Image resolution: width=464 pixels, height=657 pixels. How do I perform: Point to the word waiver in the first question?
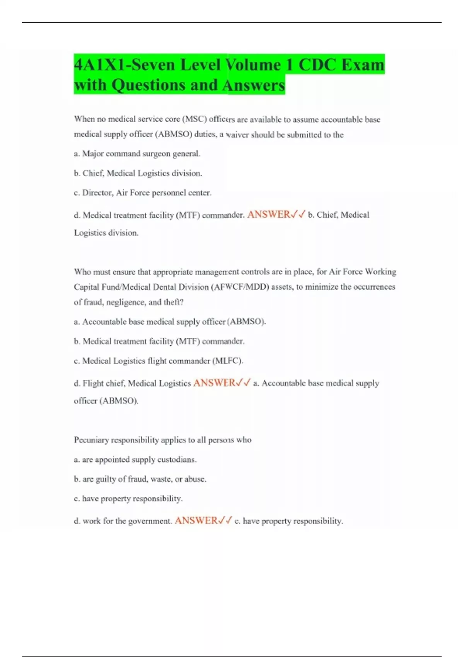[x=237, y=134]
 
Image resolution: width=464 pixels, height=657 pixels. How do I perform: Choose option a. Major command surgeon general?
[x=137, y=154]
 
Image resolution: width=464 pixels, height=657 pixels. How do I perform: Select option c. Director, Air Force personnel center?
[x=142, y=192]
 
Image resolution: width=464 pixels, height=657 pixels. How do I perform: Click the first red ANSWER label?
[x=269, y=214]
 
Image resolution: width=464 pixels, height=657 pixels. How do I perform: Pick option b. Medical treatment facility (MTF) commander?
[x=159, y=341]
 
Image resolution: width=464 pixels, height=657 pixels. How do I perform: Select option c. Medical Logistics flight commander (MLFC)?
[x=159, y=361]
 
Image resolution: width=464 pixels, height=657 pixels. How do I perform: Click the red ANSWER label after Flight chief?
[x=214, y=383]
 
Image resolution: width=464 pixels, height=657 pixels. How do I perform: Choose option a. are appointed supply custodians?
[x=135, y=460]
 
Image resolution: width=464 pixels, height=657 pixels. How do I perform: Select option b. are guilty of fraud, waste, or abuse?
[x=140, y=479]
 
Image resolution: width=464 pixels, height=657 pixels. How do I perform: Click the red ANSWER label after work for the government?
[x=196, y=521]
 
